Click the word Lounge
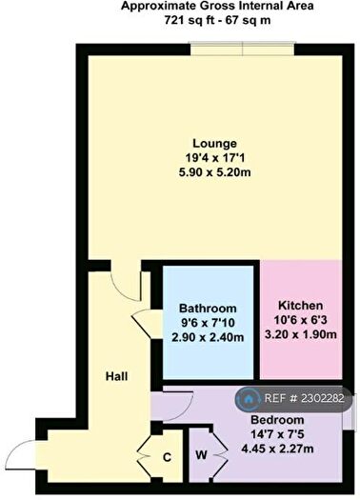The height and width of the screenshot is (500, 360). [214, 144]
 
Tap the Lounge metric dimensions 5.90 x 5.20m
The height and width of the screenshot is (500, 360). [214, 172]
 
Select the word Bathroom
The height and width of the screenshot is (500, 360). [208, 309]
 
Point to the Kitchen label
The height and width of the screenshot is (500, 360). [300, 306]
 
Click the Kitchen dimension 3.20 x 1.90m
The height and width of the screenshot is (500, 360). [301, 334]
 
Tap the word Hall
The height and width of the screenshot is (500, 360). [117, 376]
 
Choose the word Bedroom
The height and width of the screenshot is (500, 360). [277, 420]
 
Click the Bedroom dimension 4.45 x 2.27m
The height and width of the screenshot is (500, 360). [277, 449]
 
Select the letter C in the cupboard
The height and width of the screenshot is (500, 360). [167, 457]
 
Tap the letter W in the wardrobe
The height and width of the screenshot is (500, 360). [201, 455]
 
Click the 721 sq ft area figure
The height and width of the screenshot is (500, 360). [190, 20]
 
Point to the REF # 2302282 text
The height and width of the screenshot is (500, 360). [305, 398]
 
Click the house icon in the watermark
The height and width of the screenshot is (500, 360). [249, 399]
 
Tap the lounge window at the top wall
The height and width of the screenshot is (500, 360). [242, 50]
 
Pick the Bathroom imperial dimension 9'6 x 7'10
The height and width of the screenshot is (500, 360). [208, 323]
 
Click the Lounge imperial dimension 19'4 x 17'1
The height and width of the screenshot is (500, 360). [214, 158]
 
